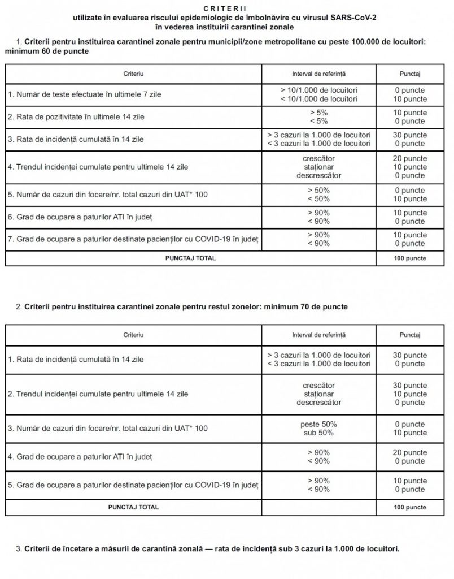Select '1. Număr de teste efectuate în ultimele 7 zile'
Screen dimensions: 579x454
pyautogui.click(x=85, y=94)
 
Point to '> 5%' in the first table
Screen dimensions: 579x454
pyautogui.click(x=319, y=113)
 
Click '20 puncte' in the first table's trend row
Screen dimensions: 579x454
pyautogui.click(x=410, y=159)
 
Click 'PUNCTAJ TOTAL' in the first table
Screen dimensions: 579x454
pyautogui.click(x=190, y=258)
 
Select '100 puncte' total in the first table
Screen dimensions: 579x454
pyautogui.click(x=410, y=258)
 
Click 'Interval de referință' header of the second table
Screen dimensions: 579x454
pyautogui.click(x=319, y=335)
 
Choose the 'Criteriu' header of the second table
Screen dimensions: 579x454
pyautogui.click(x=134, y=335)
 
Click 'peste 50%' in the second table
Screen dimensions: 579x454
pyautogui.click(x=319, y=424)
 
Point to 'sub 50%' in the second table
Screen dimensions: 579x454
pyautogui.click(x=319, y=433)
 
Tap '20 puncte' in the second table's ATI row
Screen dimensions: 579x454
pyautogui.click(x=410, y=452)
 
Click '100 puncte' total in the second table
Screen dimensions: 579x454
pyautogui.click(x=410, y=507)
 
